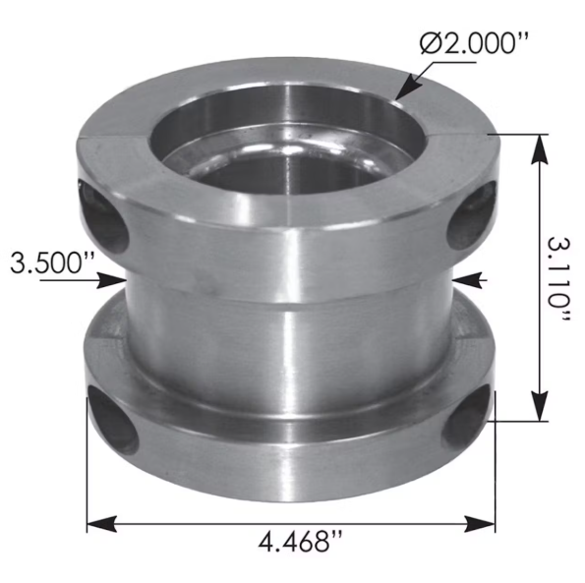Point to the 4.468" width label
pos(296,543)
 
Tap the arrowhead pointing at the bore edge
pos(402,96)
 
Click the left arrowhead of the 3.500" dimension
pos(115,281)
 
